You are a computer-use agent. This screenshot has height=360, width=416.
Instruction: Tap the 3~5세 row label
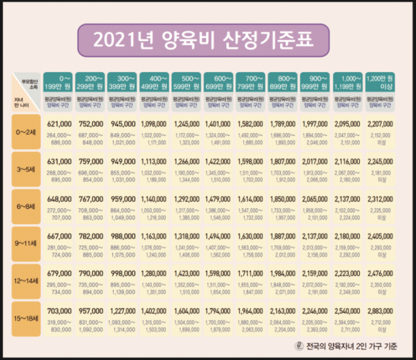(27, 169)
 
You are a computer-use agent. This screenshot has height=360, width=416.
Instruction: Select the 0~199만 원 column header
(57, 83)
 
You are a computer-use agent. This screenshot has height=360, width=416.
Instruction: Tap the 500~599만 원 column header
(187, 83)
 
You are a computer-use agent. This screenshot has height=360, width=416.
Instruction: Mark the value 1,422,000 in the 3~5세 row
(219, 161)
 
